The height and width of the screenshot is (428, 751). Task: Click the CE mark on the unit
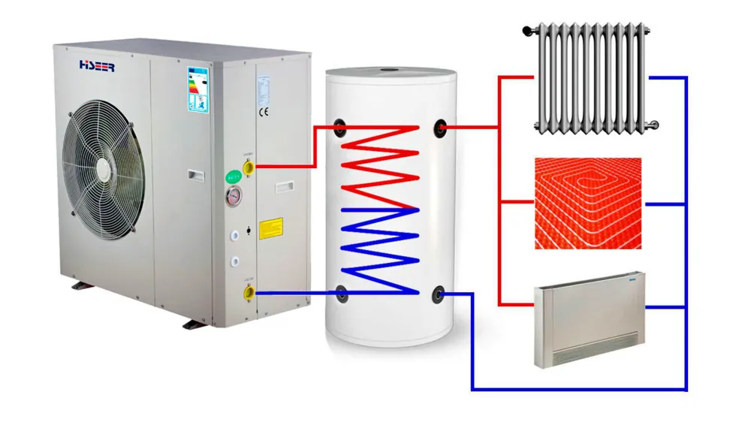coord(264,113)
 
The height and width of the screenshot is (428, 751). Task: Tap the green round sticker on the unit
coord(233,178)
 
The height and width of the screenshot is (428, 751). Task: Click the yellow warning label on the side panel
coord(270,228)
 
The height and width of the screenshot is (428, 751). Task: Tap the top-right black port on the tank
coord(440,128)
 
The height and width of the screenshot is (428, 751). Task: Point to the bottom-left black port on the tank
coord(341,294)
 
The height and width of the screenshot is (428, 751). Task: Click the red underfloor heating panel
coord(588,203)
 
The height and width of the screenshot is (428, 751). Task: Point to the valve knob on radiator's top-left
coord(529,30)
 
